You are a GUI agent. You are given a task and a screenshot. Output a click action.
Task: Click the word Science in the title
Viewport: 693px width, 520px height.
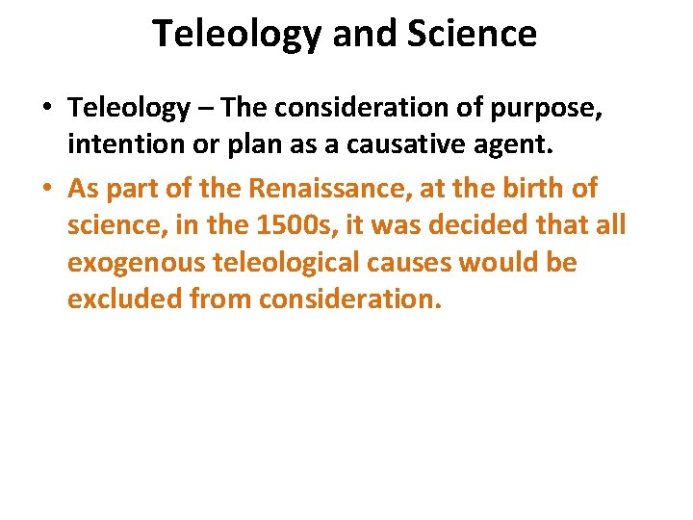pos(472,34)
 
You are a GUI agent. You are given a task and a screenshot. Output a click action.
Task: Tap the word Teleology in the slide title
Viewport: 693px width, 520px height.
pos(236,34)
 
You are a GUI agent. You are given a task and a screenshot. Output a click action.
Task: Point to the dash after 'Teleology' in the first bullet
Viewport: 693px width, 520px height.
pos(205,109)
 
